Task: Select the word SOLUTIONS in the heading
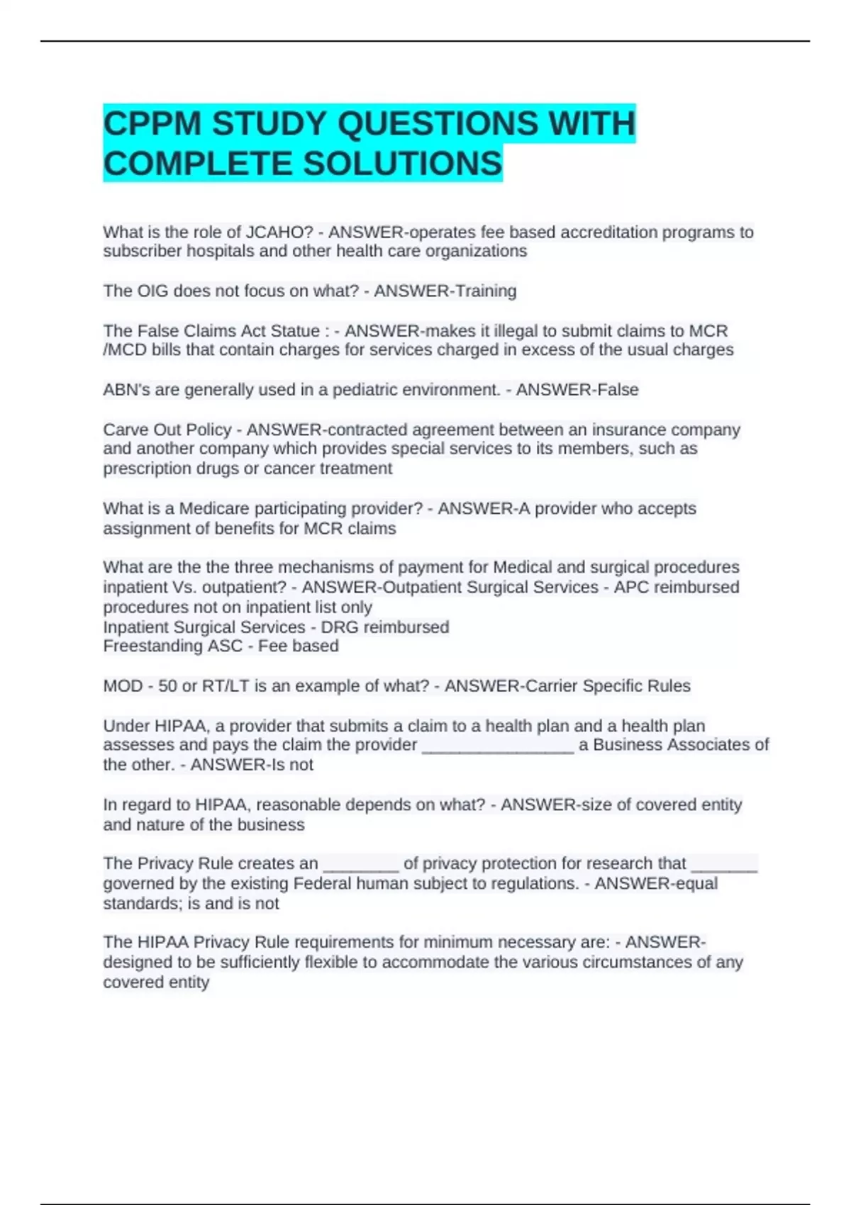tap(403, 164)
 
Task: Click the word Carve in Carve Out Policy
tap(125, 430)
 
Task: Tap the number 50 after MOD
tap(167, 686)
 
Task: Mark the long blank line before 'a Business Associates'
tap(498, 746)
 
